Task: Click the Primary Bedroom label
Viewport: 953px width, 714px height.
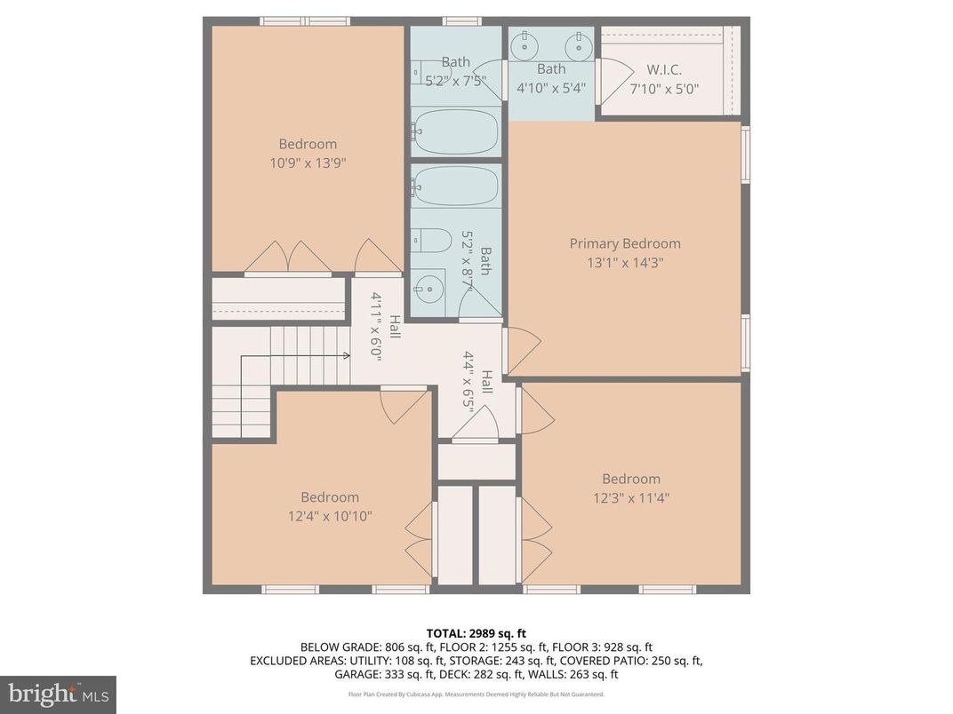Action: tap(625, 243)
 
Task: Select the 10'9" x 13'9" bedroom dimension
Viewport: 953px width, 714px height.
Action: tap(308, 163)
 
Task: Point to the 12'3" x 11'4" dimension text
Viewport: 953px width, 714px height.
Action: tap(630, 498)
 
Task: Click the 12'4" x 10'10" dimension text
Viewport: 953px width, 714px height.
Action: tap(329, 516)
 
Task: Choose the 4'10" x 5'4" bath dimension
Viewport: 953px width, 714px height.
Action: tap(551, 88)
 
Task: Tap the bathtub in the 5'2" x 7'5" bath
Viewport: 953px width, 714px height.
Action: tap(456, 130)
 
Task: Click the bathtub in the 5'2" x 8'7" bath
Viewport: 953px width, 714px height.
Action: tap(456, 186)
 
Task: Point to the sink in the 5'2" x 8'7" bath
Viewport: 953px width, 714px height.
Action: tap(428, 289)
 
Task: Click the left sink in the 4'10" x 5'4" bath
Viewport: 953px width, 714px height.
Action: tap(525, 42)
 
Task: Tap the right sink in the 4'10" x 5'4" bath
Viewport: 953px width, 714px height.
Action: tap(579, 42)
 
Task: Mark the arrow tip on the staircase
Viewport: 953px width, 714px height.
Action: tap(347, 357)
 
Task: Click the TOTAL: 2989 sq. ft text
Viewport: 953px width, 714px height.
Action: tap(476, 633)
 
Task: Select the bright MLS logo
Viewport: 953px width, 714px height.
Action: tap(58, 693)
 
